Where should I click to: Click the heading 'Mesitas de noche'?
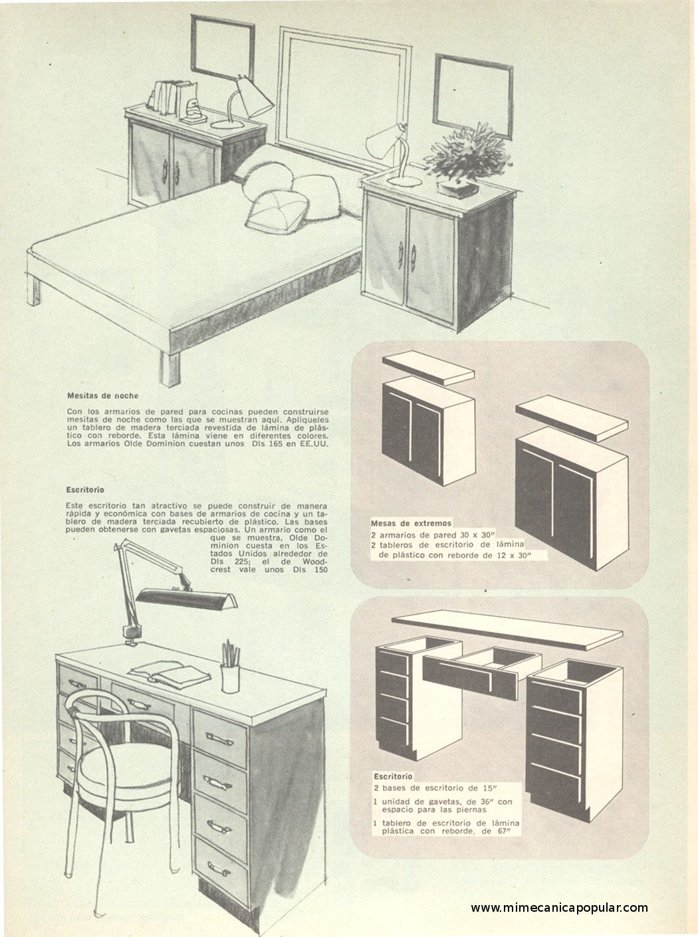pos(103,396)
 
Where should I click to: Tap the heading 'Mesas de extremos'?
pos(411,524)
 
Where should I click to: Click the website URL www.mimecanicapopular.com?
pos(559,907)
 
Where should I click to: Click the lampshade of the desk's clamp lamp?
pos(186,600)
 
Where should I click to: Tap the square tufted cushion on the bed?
pos(277,211)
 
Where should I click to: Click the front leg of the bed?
pos(170,367)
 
